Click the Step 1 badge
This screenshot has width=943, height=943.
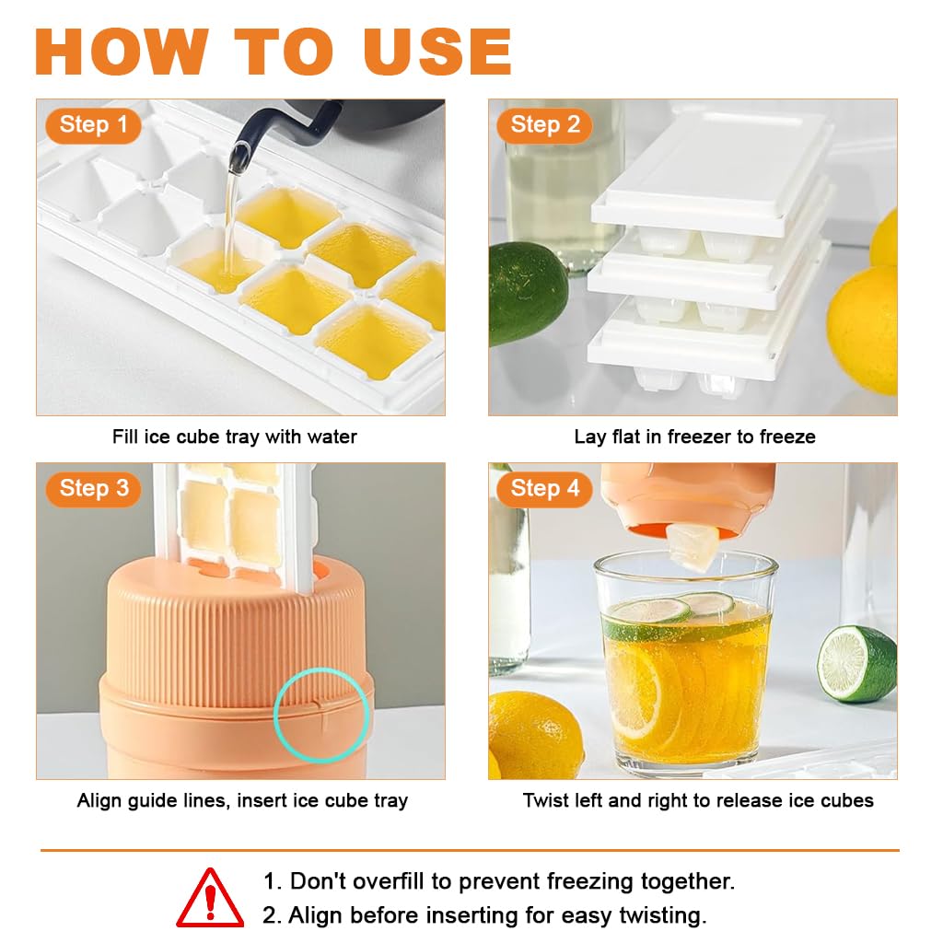pos(94,124)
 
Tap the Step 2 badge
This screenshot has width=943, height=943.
pos(544,124)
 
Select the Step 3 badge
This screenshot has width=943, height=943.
pos(94,488)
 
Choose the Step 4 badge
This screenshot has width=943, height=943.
pos(544,488)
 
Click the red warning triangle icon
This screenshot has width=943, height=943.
pos(210,897)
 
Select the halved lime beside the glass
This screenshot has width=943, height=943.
pos(856,663)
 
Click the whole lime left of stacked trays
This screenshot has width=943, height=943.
pos(526,293)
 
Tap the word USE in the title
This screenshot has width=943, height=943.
pos(437,52)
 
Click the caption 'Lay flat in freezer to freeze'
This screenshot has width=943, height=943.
pos(694,437)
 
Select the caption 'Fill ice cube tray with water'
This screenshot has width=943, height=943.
pos(234,437)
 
